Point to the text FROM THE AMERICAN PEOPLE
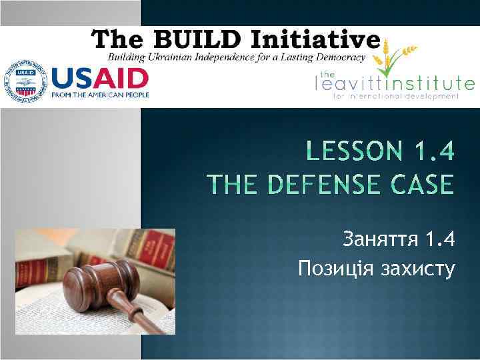[100, 95]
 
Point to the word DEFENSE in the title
[317, 184]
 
